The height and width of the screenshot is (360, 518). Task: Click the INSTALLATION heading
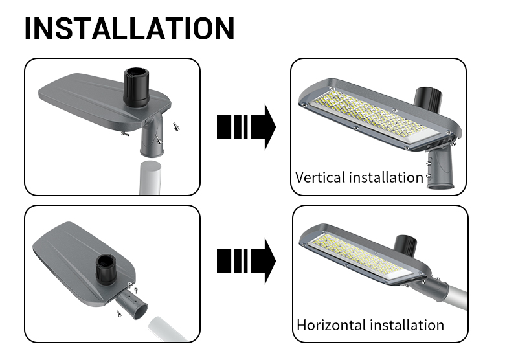129,28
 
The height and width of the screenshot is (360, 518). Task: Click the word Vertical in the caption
321,177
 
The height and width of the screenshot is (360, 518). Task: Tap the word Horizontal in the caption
332,325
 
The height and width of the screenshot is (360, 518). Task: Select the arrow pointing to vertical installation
246,127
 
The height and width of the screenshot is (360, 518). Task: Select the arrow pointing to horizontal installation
246,261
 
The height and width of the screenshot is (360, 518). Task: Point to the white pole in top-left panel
151,177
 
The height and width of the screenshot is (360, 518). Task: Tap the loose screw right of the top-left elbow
176,126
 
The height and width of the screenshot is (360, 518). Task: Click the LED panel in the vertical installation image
375,117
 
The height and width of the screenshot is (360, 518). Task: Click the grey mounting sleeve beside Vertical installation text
440,168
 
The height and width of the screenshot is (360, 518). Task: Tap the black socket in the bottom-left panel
106,268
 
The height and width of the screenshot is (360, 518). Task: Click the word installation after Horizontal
407,325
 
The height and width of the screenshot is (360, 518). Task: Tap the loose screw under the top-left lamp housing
125,133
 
